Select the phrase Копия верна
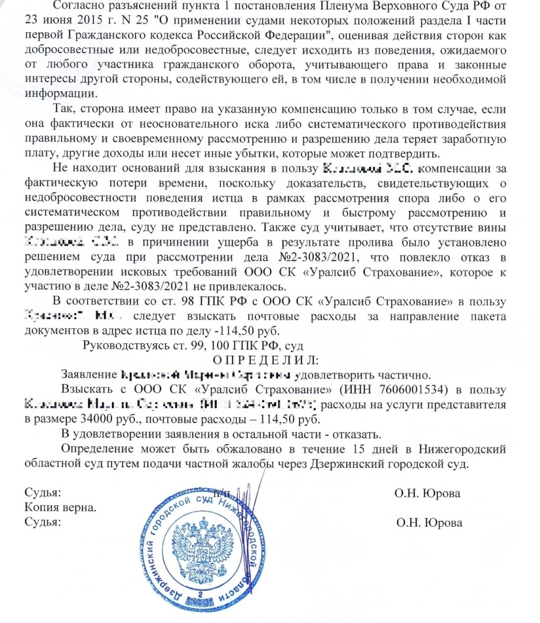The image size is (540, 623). (x=60, y=508)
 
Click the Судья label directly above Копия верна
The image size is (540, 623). (x=42, y=494)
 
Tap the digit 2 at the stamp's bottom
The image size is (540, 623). (x=200, y=594)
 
